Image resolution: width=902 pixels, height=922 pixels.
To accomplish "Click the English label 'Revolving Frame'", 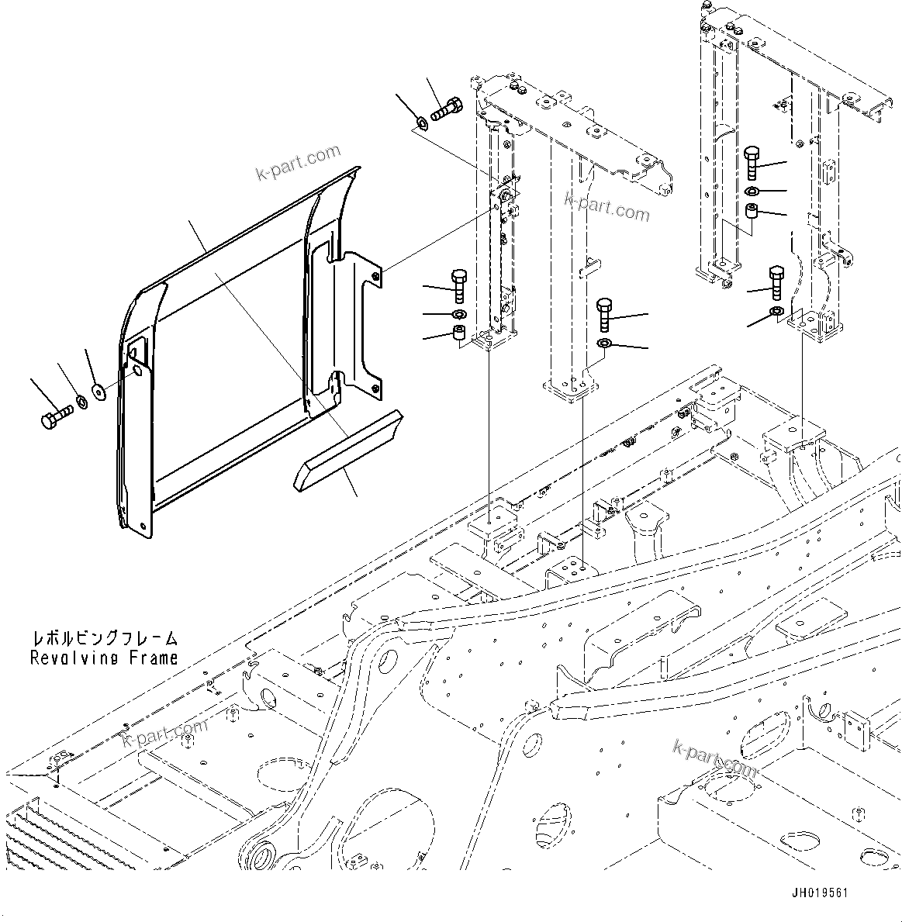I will click(104, 658).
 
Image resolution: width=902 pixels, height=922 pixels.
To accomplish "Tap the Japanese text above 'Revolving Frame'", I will click(104, 639).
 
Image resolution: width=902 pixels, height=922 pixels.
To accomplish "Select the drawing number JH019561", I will click(819, 893).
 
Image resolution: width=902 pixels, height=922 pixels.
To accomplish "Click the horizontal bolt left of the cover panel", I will click(54, 416).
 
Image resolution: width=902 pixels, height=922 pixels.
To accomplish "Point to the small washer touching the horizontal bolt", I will click(79, 403).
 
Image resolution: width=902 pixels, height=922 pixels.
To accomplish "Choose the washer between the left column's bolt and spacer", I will click(458, 314).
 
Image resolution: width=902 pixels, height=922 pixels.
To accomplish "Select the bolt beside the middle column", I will click(605, 316).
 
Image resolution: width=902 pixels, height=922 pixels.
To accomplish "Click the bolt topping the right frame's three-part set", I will click(752, 162).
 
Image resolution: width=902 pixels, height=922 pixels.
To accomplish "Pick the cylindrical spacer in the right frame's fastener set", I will click(751, 212).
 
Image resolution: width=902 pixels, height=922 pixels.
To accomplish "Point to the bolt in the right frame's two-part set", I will click(776, 282).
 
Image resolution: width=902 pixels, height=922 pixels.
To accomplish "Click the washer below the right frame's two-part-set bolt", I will click(776, 312).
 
